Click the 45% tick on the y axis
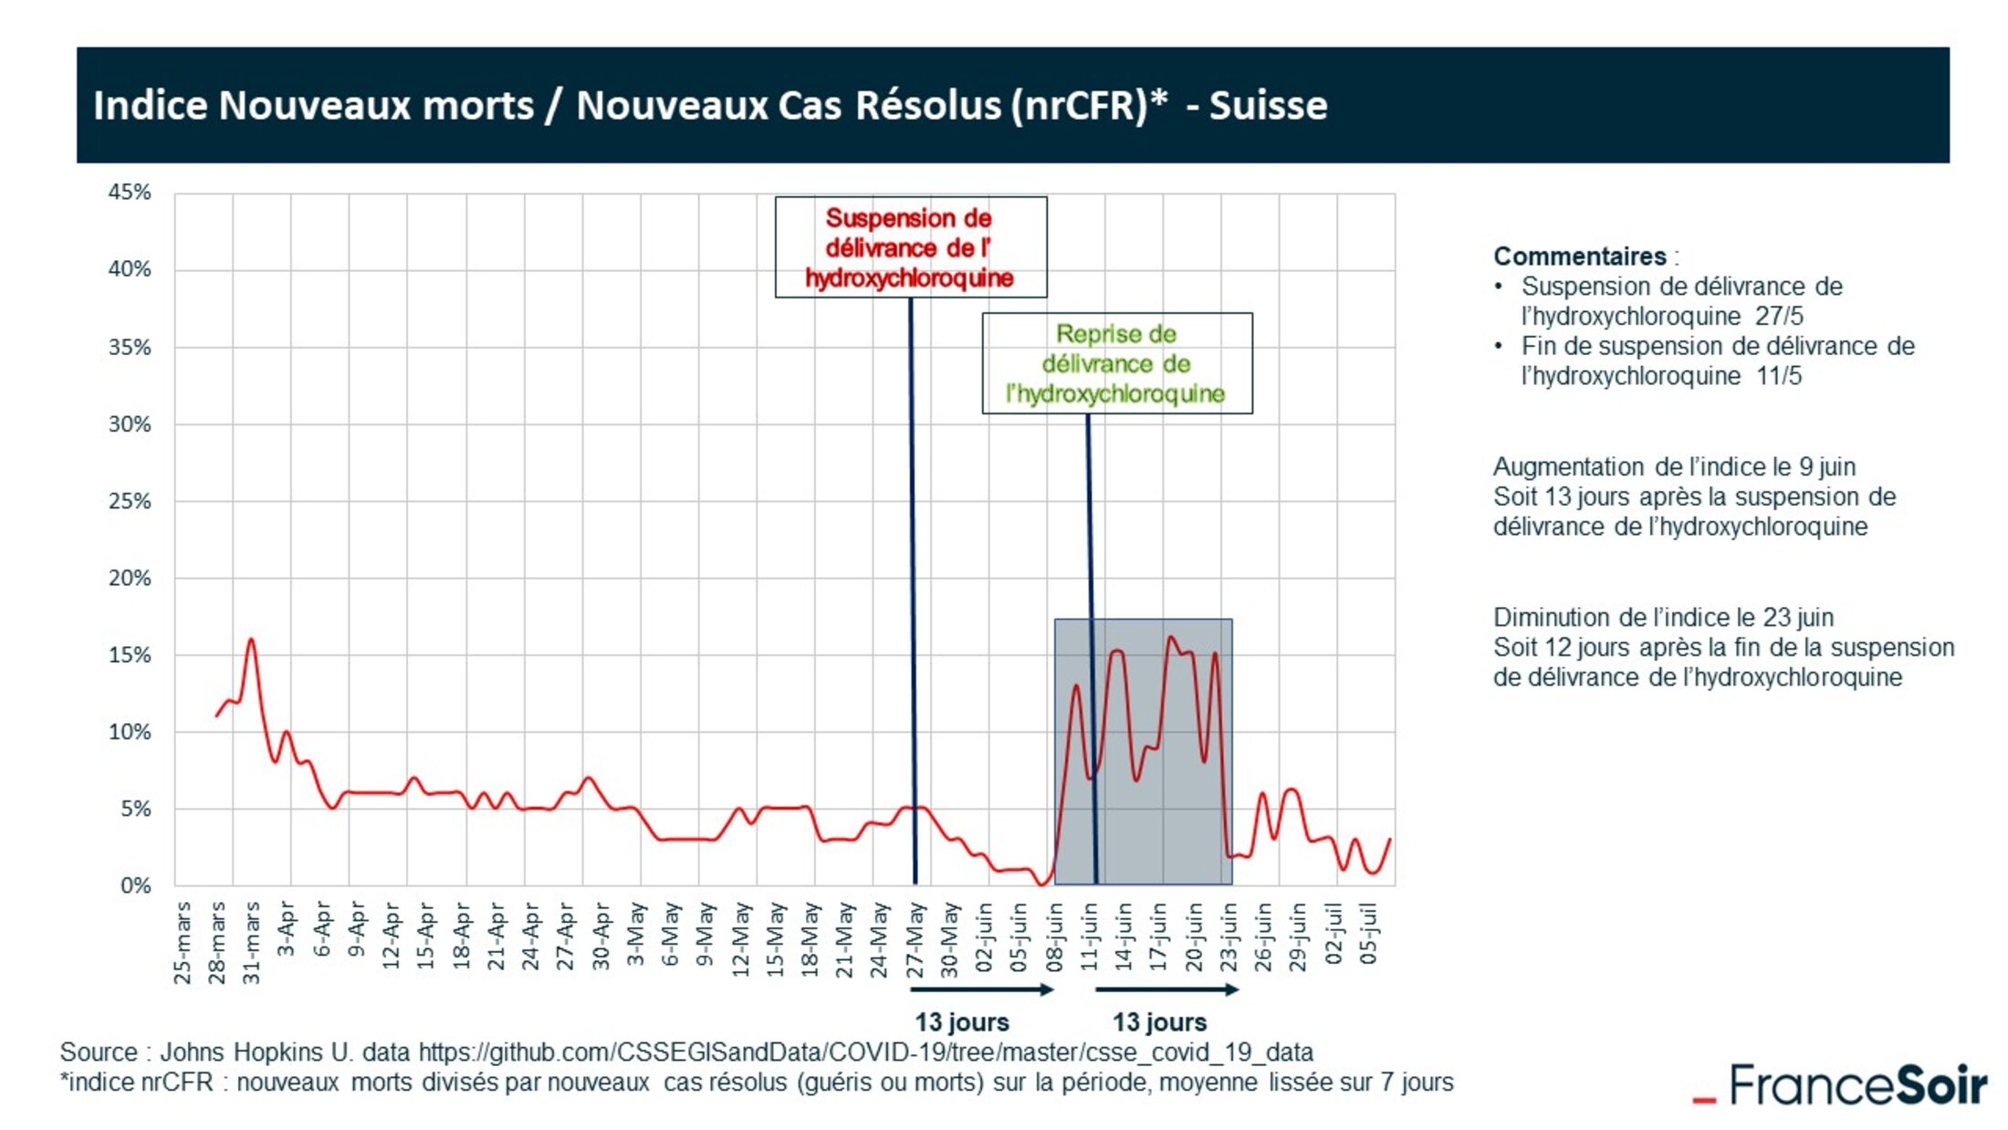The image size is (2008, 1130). point(130,193)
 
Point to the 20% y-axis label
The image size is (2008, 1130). point(130,578)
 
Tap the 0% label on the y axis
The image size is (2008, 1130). point(135,885)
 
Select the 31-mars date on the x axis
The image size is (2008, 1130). point(252,943)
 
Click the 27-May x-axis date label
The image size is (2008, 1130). point(915,940)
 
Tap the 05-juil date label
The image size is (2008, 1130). point(1368,933)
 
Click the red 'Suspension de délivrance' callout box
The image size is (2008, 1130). point(910,247)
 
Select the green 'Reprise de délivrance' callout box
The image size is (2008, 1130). point(1116,363)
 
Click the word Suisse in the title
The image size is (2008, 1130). point(1268,106)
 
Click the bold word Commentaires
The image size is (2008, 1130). point(1579,256)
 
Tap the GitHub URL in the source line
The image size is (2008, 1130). point(865,1052)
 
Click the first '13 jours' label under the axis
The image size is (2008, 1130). point(962,1022)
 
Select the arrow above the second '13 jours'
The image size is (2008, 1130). point(1166,989)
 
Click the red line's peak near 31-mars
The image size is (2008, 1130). point(251,640)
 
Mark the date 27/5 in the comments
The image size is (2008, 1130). point(1779,317)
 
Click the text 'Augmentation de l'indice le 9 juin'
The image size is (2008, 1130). point(1674,467)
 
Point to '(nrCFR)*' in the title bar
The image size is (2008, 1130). point(1090,106)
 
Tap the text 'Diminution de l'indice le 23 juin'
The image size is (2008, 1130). point(1663,618)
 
